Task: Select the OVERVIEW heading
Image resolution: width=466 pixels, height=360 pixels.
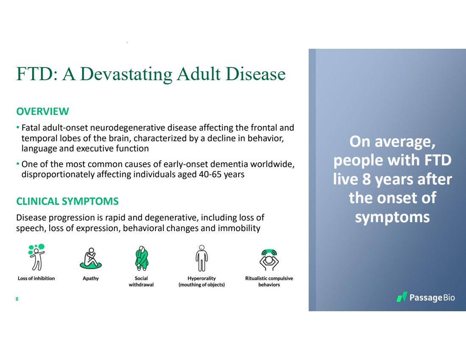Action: click(x=42, y=111)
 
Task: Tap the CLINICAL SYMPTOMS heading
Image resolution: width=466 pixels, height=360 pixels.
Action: click(x=67, y=201)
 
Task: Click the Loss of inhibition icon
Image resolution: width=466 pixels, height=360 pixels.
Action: click(x=36, y=257)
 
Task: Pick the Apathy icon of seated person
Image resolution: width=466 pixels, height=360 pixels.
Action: click(x=91, y=258)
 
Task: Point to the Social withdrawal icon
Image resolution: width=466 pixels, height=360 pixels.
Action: click(x=141, y=258)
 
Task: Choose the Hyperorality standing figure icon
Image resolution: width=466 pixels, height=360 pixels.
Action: click(x=202, y=258)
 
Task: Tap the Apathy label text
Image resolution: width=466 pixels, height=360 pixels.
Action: click(x=91, y=278)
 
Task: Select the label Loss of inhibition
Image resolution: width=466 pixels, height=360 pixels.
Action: click(x=36, y=278)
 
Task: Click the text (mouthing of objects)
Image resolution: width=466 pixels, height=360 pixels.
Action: click(x=202, y=285)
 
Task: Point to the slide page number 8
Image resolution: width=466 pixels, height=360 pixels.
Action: click(x=17, y=299)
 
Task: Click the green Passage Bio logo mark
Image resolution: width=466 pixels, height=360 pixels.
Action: click(x=402, y=297)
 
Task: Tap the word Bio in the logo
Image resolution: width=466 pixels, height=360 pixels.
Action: click(x=449, y=298)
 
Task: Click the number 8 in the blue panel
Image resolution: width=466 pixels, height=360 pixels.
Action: click(x=366, y=179)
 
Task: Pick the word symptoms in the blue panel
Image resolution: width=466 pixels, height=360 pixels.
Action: click(x=392, y=217)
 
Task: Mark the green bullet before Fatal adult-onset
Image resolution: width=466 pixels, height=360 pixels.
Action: click(x=18, y=128)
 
